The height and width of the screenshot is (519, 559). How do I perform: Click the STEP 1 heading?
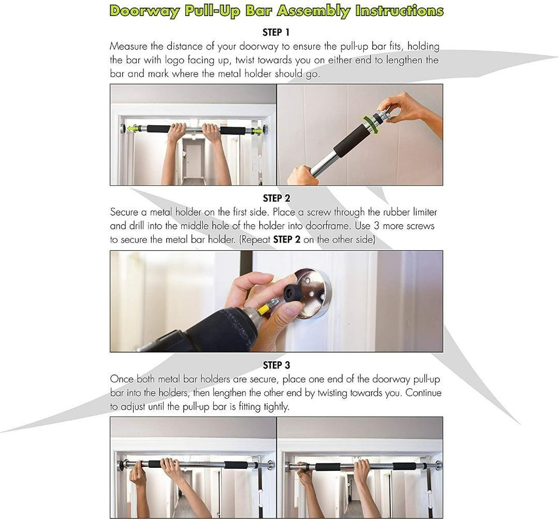276,33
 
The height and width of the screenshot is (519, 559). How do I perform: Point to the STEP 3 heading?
276,365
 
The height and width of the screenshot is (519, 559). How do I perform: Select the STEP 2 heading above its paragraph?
276,199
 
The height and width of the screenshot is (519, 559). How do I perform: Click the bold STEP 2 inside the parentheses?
286,240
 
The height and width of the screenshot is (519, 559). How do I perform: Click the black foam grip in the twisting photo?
352,141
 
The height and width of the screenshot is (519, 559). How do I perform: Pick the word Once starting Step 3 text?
122,379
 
